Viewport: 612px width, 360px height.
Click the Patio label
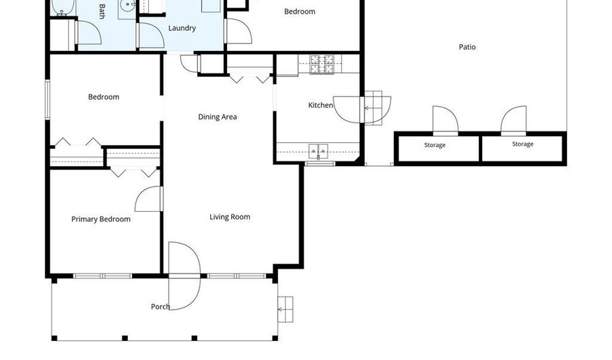(x=467, y=47)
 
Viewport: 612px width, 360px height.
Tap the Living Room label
(x=230, y=217)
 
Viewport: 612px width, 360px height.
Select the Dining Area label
(x=218, y=117)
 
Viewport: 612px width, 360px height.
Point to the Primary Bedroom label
(x=101, y=219)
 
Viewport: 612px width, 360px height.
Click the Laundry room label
(x=182, y=28)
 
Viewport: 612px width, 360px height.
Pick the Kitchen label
(x=320, y=105)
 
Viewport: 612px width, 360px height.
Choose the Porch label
(x=160, y=306)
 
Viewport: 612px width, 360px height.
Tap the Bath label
(x=102, y=12)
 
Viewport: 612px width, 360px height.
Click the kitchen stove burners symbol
(x=322, y=64)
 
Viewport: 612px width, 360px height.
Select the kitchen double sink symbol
(x=318, y=151)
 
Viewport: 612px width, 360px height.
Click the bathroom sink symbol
(x=127, y=5)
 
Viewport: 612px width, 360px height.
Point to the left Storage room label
(x=435, y=145)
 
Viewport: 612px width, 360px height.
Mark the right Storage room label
(x=523, y=144)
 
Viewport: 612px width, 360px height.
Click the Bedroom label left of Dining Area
(x=103, y=97)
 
